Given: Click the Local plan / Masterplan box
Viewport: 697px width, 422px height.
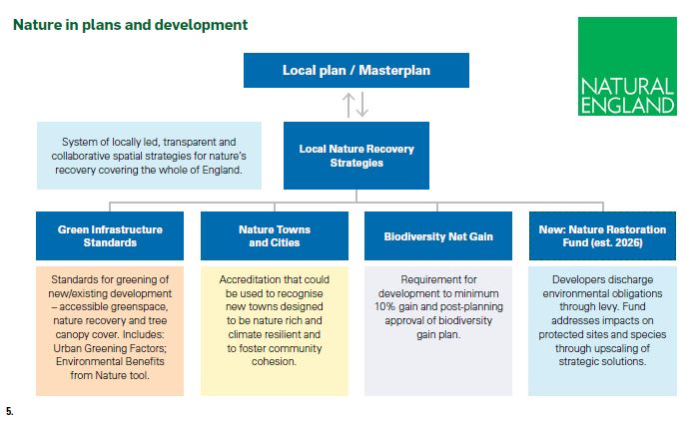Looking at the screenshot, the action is [356, 70].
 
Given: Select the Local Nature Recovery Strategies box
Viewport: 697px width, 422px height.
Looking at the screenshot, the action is [356, 156].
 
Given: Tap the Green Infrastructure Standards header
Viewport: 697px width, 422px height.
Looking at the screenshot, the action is [110, 235].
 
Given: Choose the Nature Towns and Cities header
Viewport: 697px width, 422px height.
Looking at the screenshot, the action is [275, 235].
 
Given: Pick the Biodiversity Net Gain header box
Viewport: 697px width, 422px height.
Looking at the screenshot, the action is [438, 235].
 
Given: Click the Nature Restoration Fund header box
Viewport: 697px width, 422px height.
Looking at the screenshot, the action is [602, 235].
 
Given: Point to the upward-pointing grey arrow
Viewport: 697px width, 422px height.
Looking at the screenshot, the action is [348, 105].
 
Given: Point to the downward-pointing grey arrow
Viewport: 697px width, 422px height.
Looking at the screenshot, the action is [362, 105].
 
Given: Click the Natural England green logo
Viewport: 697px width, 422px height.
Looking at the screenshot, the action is [627, 66].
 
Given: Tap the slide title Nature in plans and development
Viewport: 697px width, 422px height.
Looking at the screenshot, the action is [130, 25].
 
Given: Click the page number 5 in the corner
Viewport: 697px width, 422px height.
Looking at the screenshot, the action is [10, 411].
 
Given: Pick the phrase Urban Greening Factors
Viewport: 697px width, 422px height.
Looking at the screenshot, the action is [110, 348].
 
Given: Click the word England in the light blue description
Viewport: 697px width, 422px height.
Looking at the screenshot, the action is [223, 170].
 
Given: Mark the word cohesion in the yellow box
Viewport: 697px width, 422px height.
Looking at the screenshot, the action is [274, 361].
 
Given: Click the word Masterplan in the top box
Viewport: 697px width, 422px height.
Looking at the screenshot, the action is [394, 70].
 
